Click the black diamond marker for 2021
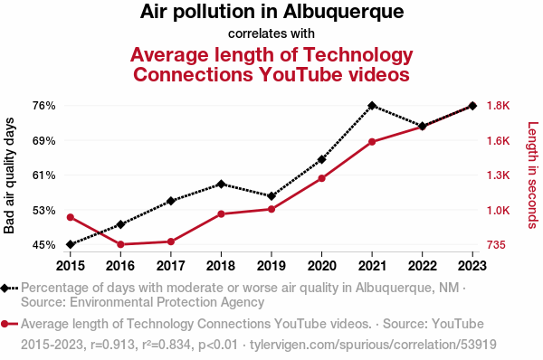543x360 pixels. pos(372,106)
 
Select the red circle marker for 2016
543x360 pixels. pos(120,244)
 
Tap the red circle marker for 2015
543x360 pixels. pos(71,217)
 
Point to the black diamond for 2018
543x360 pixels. pos(221,185)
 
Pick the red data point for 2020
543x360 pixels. pos(321,178)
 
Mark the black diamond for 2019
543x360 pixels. pos(271,196)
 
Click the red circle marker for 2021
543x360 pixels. pos(372,142)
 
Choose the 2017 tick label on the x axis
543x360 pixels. pos(171,266)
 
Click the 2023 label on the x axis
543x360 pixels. pos(472,266)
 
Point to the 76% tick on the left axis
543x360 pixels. pos(44,106)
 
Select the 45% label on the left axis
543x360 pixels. pos(44,245)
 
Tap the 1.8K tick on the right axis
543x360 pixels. pos(499,106)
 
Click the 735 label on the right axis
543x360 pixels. pos(496,245)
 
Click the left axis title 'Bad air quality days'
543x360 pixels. pos(9,175)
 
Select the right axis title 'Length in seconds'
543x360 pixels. pos(533,175)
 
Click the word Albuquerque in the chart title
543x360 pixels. pos(343,12)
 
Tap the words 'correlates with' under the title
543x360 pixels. pos(271,33)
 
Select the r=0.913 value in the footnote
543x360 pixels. pos(112,345)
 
